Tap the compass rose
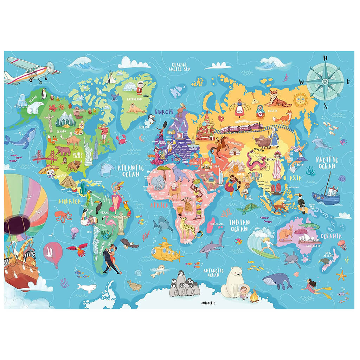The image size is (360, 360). coord(324,81)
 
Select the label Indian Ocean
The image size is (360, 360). coord(239,226)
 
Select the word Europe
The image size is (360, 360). coord(164,112)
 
